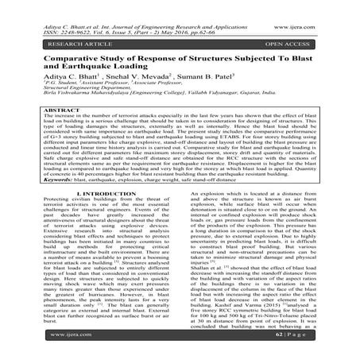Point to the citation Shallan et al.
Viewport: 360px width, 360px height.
point(203,294)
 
